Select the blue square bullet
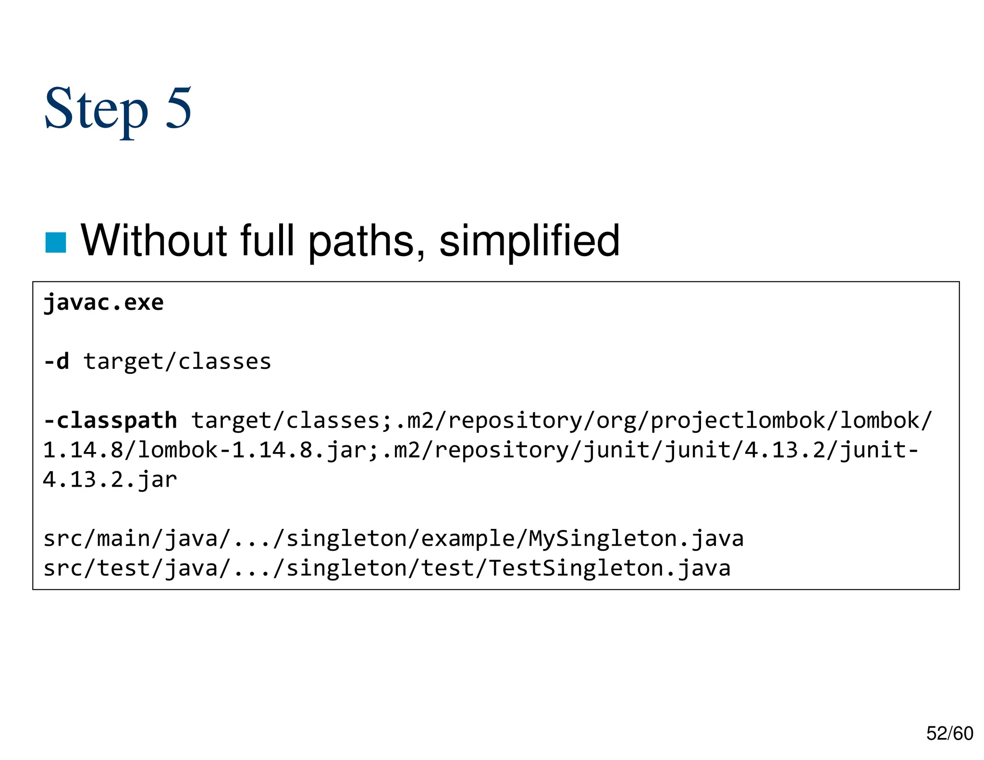click(55, 242)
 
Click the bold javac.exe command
click(104, 303)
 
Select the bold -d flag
click(56, 361)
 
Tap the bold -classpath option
click(110, 420)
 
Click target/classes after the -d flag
click(177, 361)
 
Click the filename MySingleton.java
click(636, 538)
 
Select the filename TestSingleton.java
click(609, 568)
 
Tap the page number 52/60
click(949, 733)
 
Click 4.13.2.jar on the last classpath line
click(110, 479)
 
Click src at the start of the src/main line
click(63, 538)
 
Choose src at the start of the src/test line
click(63, 568)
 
